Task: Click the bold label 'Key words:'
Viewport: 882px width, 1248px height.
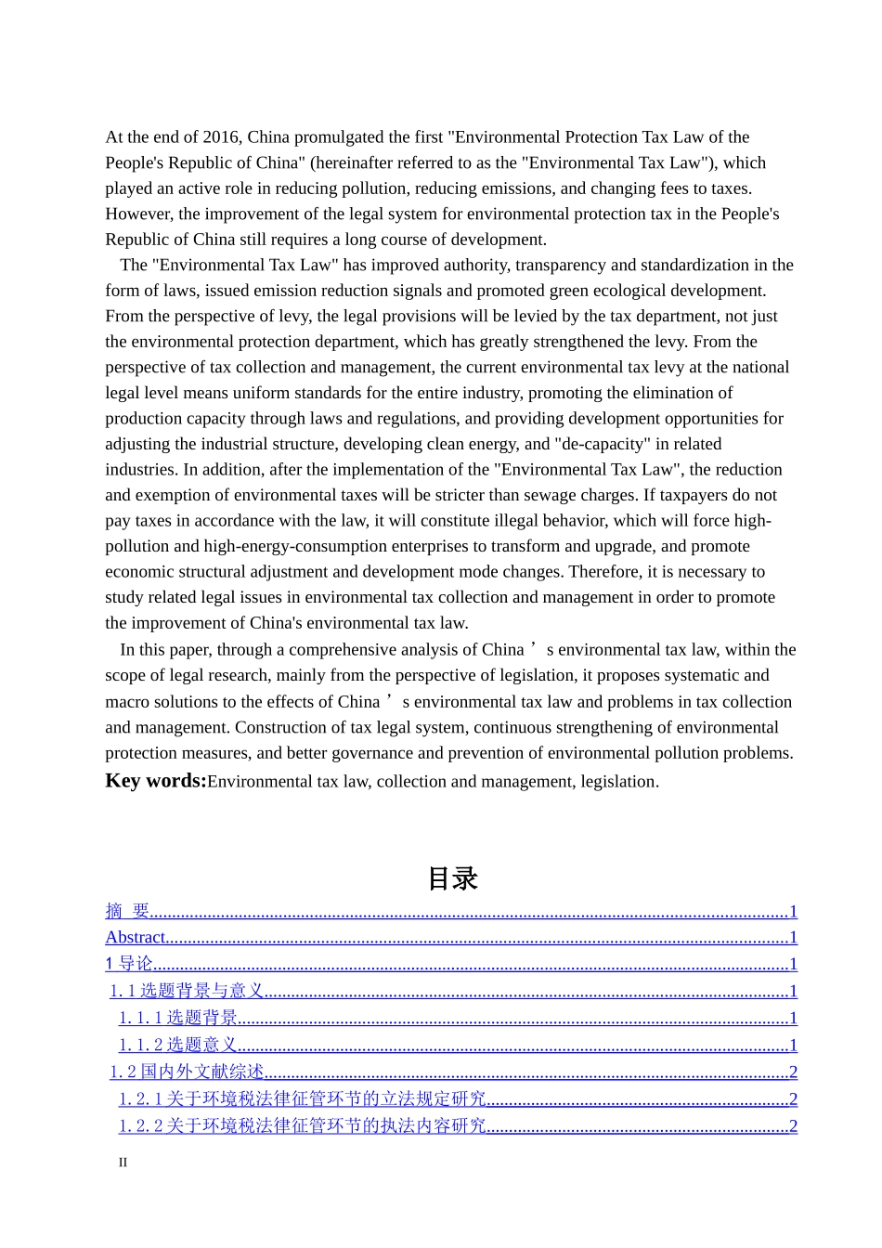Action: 156,781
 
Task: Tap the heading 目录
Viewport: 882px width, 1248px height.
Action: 452,878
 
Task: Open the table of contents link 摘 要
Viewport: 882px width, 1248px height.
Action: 128,911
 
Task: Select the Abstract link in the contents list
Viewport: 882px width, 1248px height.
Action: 136,937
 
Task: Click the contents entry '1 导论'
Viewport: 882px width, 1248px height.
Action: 129,964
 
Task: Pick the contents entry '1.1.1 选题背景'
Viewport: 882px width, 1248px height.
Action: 178,1018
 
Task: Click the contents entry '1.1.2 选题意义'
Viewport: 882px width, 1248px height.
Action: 178,1045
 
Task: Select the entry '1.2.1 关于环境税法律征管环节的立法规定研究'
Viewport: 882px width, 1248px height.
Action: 303,1098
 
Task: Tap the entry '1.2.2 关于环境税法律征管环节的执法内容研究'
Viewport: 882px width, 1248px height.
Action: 303,1125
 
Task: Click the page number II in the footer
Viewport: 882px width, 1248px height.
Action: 123,1163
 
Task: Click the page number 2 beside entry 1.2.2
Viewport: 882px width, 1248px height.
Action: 793,1125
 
